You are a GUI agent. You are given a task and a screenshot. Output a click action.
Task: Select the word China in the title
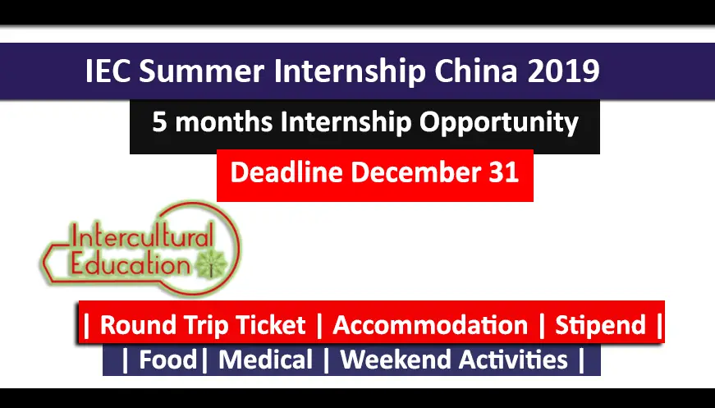coord(476,71)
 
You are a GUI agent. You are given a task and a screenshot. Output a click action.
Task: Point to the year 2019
coord(564,71)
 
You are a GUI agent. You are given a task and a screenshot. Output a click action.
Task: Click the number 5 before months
coord(159,122)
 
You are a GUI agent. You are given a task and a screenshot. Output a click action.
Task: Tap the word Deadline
coord(286,172)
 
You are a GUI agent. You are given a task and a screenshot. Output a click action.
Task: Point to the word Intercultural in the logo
coord(142,238)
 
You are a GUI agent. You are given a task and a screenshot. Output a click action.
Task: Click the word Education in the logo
coord(131,264)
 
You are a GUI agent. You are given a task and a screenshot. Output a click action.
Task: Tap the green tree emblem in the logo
coord(211,264)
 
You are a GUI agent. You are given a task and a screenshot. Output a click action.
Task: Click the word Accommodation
coord(430,325)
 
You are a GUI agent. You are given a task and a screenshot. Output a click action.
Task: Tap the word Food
coord(167,360)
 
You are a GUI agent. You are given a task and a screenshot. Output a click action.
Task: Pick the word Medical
coord(265,360)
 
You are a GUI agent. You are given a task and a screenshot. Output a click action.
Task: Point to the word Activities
coord(513,360)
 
